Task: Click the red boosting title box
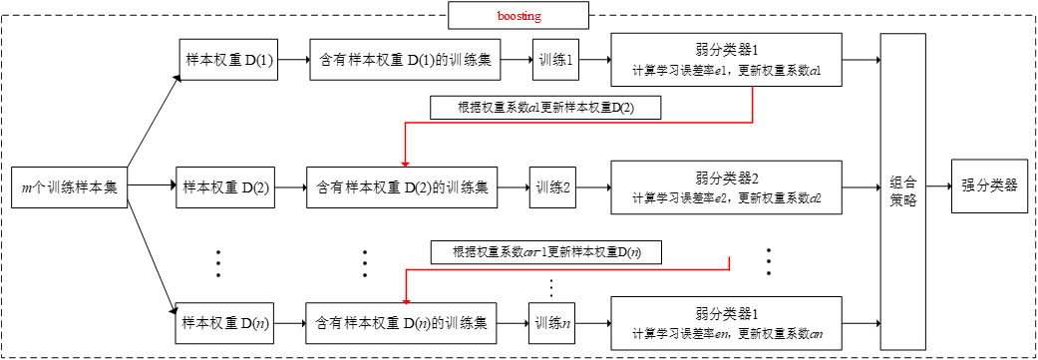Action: (519, 16)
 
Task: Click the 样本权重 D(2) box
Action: (227, 186)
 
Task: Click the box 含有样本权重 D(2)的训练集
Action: (402, 186)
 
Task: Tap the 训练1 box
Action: (554, 61)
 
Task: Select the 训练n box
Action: (551, 323)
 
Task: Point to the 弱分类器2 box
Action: (727, 186)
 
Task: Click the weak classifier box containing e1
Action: (727, 61)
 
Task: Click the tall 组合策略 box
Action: (902, 188)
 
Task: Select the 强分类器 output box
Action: (988, 185)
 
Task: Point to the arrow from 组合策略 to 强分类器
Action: (938, 185)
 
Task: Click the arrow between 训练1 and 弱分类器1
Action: (594, 61)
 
